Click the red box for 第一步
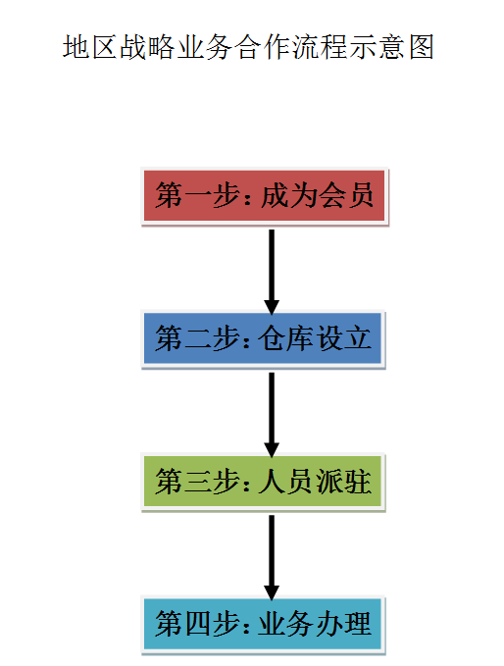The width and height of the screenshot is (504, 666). point(265,196)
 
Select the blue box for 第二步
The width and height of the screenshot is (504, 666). point(263,339)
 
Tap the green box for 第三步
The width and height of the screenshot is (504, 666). point(263,482)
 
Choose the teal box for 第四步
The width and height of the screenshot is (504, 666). point(263,625)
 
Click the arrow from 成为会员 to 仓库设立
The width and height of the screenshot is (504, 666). point(272,272)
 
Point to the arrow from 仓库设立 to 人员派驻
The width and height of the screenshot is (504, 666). point(272,415)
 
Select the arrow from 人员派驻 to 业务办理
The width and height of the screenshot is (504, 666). point(272,557)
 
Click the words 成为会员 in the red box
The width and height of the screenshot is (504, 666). point(317,196)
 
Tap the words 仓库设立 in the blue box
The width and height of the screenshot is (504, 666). point(315,339)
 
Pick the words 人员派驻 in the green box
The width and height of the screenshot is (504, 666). point(315,482)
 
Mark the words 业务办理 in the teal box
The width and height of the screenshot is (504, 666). point(315,625)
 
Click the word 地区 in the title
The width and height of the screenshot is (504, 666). point(90,46)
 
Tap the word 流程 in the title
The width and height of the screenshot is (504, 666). point(321,46)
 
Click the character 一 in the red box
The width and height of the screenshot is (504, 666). point(198,196)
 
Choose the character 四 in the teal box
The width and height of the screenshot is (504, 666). point(198,625)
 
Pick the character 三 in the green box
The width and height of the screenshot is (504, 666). point(198,482)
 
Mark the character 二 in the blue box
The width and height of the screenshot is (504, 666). point(198,339)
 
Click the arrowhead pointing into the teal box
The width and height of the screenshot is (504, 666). point(272,592)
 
